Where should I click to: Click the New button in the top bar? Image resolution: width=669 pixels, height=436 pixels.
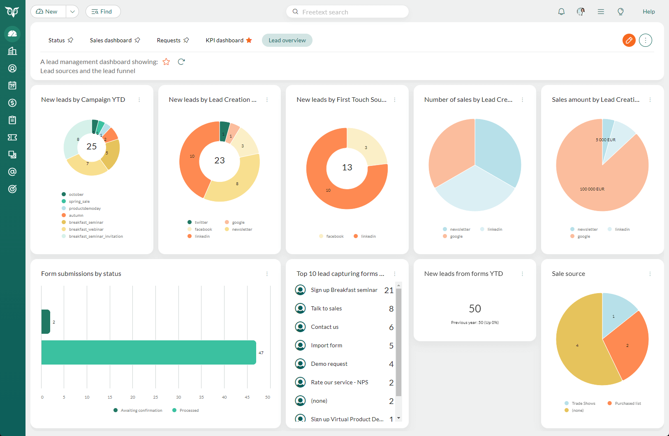point(48,11)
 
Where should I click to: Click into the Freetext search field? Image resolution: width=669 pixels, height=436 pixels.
point(350,12)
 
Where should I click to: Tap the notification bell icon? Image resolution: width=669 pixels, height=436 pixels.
point(561,11)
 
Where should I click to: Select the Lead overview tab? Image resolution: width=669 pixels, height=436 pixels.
point(287,40)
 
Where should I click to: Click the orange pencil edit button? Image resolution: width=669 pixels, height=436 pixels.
point(629,40)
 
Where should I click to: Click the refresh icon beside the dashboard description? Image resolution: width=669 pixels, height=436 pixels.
point(181,62)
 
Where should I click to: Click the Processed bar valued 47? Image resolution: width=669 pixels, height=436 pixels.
point(148,352)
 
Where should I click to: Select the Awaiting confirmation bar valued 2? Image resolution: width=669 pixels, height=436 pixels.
point(46,321)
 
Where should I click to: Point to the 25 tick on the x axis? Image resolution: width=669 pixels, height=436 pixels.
point(155,397)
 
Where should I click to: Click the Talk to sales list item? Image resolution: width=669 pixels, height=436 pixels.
point(326,308)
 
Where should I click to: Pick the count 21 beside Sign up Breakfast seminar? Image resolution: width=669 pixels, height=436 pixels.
point(389,290)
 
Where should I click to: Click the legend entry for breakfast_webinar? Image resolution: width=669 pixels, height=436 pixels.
point(86,229)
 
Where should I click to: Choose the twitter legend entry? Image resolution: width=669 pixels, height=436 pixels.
point(201,223)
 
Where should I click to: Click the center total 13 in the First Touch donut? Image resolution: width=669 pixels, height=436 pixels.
point(347,168)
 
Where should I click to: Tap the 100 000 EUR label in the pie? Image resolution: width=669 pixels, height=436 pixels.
point(592,189)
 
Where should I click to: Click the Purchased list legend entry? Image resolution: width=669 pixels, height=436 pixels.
point(627,404)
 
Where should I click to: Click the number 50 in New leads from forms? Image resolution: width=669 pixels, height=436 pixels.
point(475,309)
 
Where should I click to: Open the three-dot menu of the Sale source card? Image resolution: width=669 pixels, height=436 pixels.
point(650,274)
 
